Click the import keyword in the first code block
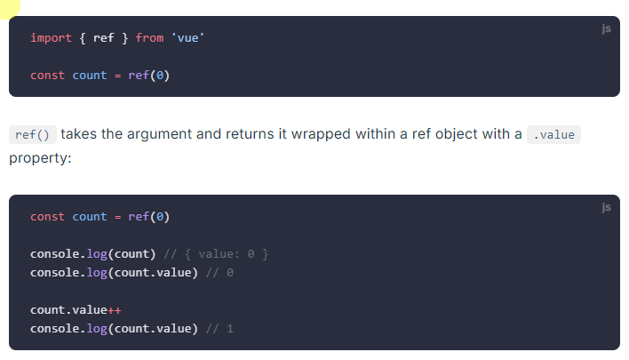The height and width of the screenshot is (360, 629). click(x=48, y=38)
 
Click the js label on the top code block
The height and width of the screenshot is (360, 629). click(x=606, y=29)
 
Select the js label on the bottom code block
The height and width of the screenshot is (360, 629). click(x=606, y=208)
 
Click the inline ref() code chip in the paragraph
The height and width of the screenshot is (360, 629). click(x=33, y=135)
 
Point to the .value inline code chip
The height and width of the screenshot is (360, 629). click(x=553, y=135)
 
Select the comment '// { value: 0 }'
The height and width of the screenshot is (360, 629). click(x=216, y=254)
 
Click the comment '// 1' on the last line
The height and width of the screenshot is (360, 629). click(x=219, y=329)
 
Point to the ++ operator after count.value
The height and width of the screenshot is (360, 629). click(x=114, y=310)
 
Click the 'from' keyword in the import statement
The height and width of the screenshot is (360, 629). click(x=149, y=38)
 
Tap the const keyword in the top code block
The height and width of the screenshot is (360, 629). click(x=48, y=76)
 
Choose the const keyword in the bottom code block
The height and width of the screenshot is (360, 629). click(x=48, y=217)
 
